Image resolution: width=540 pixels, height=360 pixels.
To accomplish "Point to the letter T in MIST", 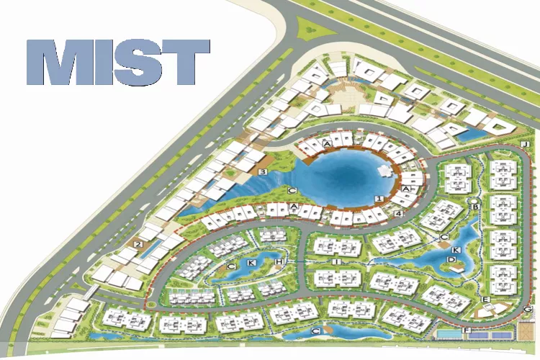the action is coord(189,63).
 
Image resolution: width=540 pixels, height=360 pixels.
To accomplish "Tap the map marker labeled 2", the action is coord(137,245).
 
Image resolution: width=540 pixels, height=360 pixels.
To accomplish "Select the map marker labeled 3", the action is coord(263,172).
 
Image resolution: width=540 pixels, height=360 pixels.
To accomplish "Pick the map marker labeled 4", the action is coord(398,214).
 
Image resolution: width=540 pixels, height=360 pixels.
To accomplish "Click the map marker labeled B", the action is coord(475,207).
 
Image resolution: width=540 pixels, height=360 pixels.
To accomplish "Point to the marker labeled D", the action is coord(452,259).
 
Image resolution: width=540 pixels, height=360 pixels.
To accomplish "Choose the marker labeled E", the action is coord(487,299).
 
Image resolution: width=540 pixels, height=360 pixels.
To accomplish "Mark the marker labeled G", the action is coord(528,310).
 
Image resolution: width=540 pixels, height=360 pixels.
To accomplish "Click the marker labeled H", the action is coord(277,261).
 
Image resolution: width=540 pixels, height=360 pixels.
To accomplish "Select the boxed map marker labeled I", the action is coord(337,261).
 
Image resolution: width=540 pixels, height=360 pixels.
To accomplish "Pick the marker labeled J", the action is coord(526,145).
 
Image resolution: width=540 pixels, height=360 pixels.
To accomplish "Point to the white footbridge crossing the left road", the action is coord(89,292).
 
